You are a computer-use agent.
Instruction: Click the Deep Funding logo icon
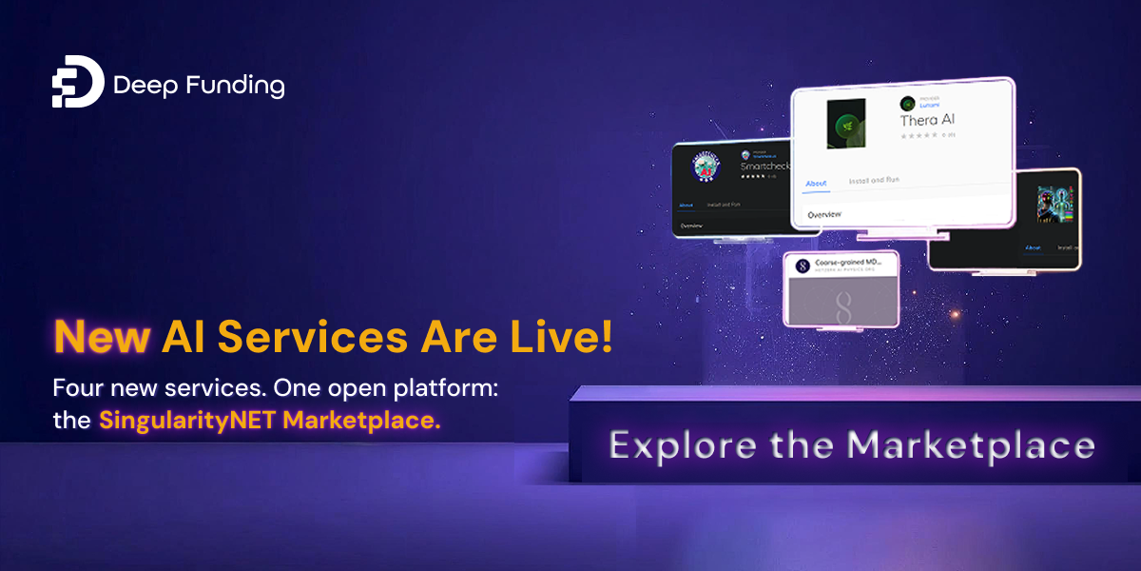(77, 87)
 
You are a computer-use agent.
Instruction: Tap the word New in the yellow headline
(101, 338)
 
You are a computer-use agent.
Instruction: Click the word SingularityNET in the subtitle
(180, 421)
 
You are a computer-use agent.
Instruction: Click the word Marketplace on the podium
(971, 444)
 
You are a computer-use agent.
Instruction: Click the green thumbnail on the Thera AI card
(845, 123)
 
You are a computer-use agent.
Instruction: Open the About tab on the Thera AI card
(816, 183)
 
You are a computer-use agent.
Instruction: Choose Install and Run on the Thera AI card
(874, 180)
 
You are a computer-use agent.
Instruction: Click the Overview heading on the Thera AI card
(824, 215)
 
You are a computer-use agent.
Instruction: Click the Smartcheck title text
(765, 166)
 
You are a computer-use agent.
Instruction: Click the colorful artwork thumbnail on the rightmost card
(1054, 205)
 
